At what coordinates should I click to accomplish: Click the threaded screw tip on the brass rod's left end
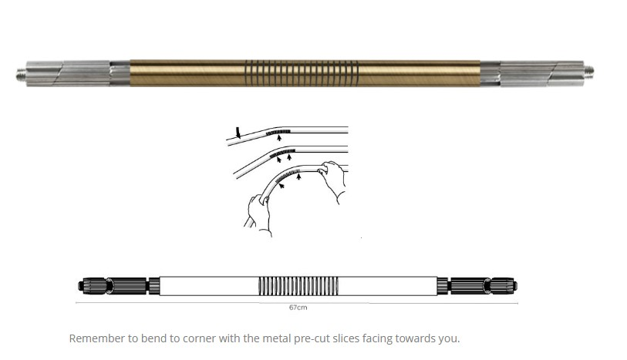pos(22,74)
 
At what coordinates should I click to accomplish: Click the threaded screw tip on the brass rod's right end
pos(588,72)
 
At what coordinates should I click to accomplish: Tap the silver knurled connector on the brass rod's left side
pos(78,73)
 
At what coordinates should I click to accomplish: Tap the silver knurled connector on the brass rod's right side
pos(532,72)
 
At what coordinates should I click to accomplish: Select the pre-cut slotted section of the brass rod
pos(302,73)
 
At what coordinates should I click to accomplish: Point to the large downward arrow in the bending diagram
pos(238,133)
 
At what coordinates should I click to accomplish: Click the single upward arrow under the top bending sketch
pos(279,138)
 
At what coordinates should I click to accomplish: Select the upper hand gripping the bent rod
pos(331,180)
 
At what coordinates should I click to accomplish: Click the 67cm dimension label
pos(298,308)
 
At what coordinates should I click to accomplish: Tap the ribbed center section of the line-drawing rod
pos(298,286)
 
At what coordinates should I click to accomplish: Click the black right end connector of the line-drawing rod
pos(477,286)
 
